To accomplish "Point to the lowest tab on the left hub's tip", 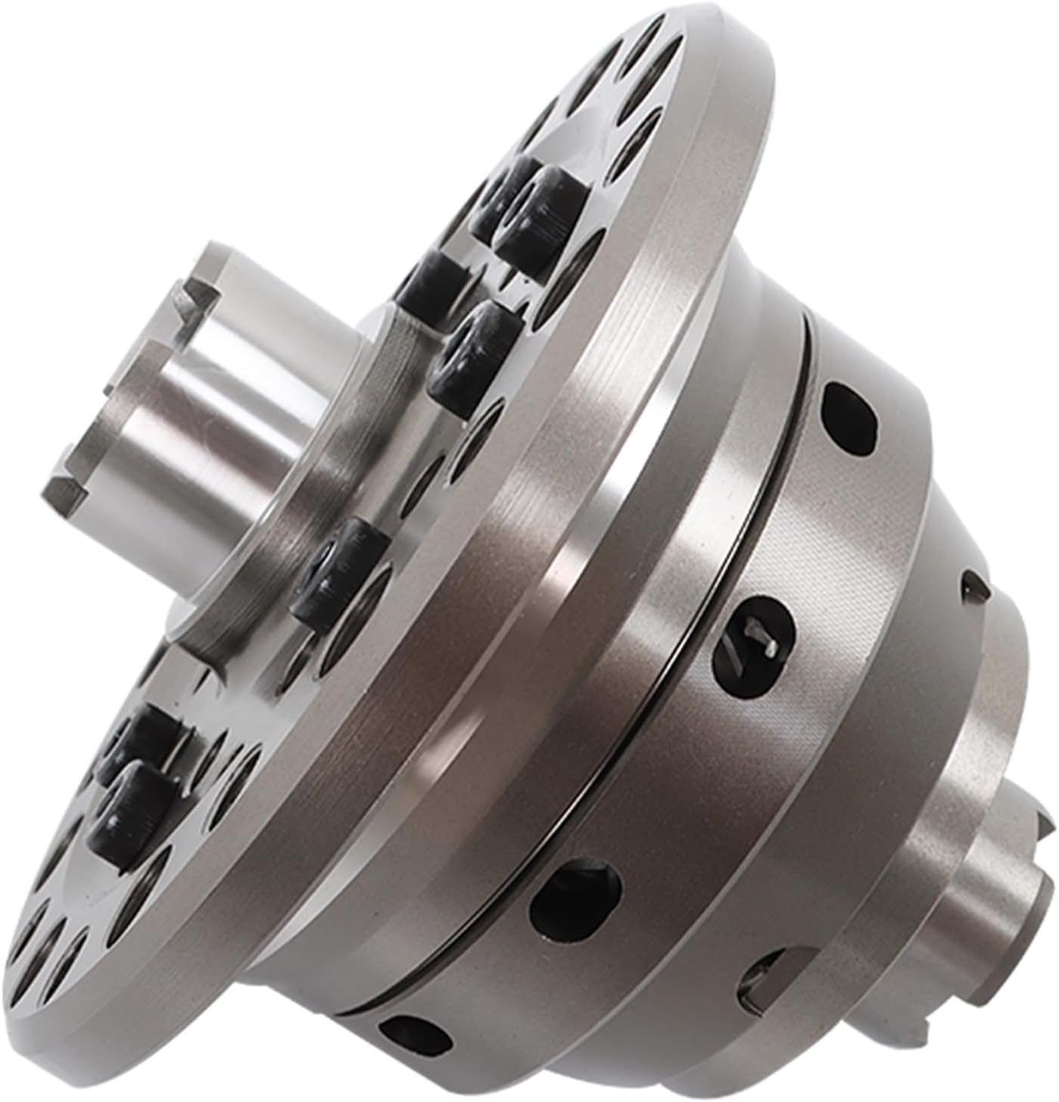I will point(72,484).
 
